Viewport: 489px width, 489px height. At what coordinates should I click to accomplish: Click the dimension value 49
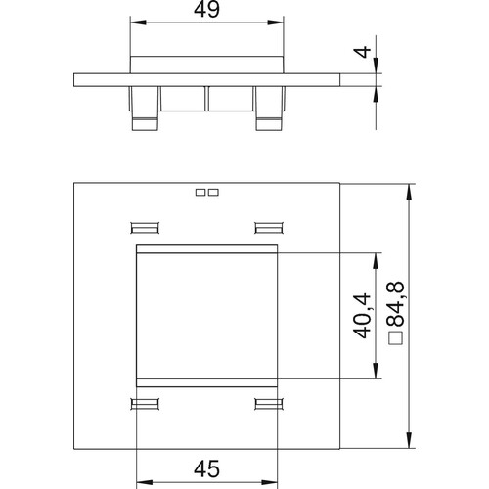(206, 10)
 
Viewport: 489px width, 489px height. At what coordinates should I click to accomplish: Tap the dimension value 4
(363, 52)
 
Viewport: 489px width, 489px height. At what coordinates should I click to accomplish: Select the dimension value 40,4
(363, 316)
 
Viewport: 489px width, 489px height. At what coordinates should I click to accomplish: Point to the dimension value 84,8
(396, 304)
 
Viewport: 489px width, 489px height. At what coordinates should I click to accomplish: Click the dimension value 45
(206, 468)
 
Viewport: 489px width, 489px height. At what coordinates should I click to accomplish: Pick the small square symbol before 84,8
(396, 338)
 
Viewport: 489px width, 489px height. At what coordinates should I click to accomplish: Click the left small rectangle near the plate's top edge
(200, 193)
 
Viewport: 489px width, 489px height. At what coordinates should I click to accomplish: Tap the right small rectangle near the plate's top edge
(213, 193)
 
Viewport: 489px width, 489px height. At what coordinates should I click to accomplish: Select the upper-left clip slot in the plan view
(145, 228)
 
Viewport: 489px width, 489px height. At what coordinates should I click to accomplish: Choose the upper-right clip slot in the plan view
(269, 228)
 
